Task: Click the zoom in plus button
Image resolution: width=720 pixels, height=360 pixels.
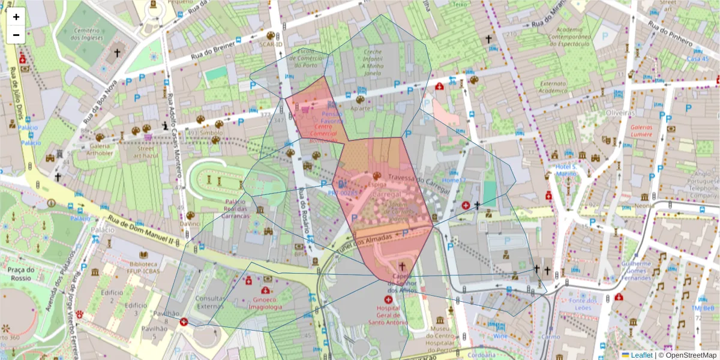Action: click(16, 17)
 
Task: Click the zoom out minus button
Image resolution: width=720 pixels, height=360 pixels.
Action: click(16, 35)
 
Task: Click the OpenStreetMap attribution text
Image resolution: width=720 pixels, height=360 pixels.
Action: click(689, 355)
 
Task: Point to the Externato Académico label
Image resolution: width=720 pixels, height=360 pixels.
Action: click(553, 87)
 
